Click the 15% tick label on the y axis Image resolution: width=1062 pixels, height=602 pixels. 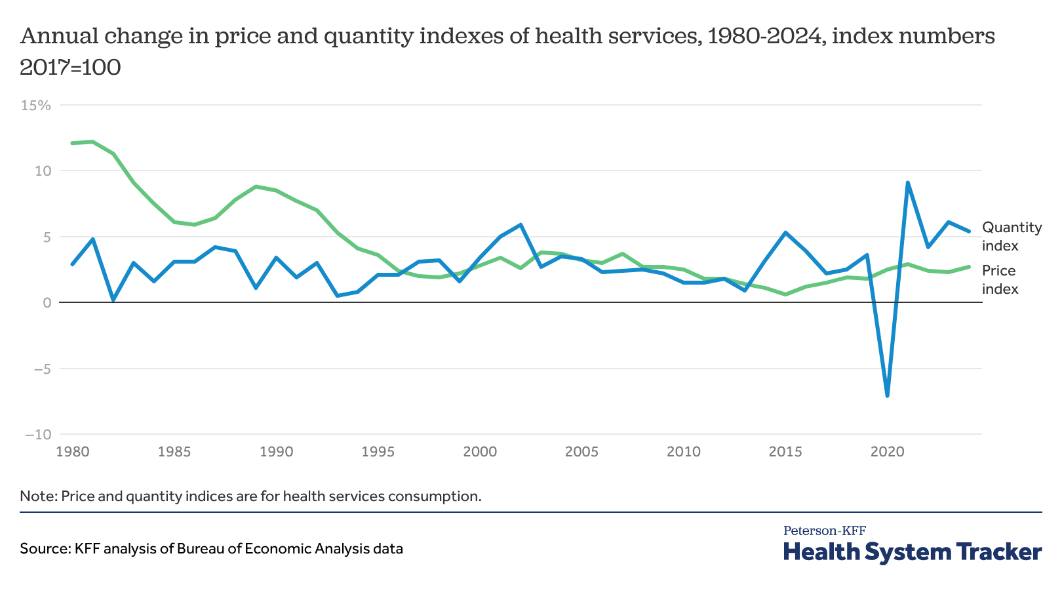(36, 105)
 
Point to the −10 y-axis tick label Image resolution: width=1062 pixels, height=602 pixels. (38, 434)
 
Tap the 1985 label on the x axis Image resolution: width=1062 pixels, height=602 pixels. (174, 452)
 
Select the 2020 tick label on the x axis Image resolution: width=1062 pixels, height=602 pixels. (887, 452)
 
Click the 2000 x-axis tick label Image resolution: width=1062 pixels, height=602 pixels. (479, 452)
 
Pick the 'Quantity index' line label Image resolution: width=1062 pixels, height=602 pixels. (1012, 236)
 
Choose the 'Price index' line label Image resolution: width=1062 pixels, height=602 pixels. (1000, 279)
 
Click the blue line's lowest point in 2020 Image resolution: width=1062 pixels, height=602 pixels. (887, 396)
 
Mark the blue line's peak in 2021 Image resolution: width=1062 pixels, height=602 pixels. (907, 182)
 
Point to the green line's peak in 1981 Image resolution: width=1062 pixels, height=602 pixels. (92, 142)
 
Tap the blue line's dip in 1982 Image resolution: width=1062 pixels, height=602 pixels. (113, 300)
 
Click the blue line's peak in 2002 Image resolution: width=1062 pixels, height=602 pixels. (521, 224)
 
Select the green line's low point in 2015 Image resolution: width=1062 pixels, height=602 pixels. (785, 294)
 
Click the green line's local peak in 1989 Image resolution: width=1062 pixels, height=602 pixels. (256, 186)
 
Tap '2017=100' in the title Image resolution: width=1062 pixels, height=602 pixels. (70, 67)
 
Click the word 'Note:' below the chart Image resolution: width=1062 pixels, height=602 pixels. (39, 496)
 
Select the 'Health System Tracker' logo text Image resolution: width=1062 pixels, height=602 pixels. (912, 552)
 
